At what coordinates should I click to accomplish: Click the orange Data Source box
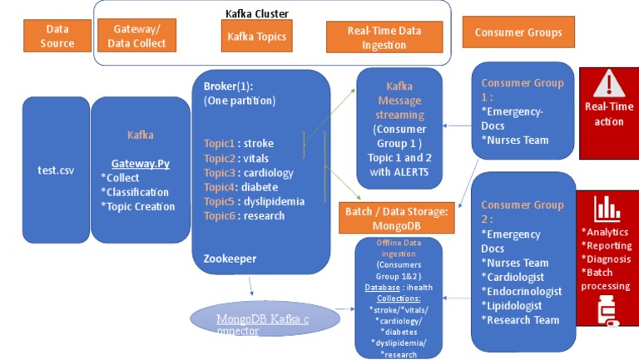[x=57, y=36]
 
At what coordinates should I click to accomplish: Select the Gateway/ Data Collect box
[x=138, y=36]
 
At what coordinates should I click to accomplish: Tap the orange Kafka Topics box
[x=257, y=37]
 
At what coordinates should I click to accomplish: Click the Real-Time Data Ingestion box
[x=384, y=37]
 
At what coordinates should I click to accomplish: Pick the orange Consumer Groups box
[x=518, y=33]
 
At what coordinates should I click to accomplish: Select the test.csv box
[x=55, y=170]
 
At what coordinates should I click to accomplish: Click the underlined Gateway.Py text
[x=141, y=164]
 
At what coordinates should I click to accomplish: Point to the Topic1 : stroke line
[x=239, y=143]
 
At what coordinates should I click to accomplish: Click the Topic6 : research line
[x=244, y=215]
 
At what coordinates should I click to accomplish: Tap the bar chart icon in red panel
[x=606, y=207]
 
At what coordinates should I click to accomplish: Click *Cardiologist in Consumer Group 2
[x=520, y=277]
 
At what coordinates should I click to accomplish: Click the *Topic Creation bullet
[x=138, y=206]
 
